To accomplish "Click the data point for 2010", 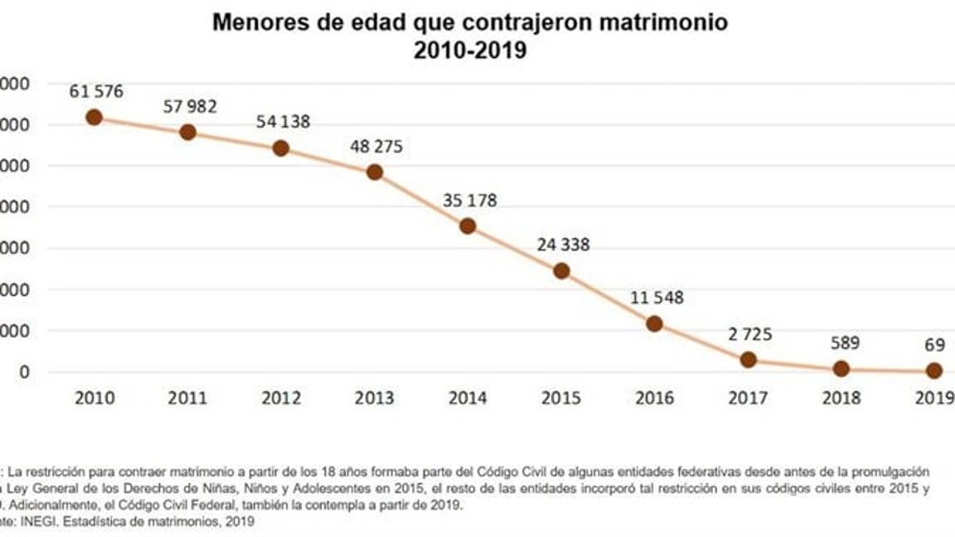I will (x=94, y=117).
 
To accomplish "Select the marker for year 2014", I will (x=468, y=226).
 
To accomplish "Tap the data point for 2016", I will (x=654, y=324).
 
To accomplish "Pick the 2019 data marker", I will (x=934, y=370).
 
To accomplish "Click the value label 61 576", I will (x=96, y=91).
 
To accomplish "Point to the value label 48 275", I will (x=376, y=147).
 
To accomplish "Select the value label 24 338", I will (x=562, y=245).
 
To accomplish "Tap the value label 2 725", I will (x=749, y=335).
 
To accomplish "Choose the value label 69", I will (x=933, y=343).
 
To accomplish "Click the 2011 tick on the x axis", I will (x=187, y=398).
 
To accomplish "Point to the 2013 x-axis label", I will (x=375, y=398).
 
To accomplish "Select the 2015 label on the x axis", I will (x=561, y=398).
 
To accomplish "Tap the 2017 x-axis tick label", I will (x=748, y=398).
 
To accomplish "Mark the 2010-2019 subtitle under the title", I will (x=470, y=51).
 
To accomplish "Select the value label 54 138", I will (x=283, y=122).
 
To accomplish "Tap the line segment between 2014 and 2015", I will (x=515, y=249).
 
